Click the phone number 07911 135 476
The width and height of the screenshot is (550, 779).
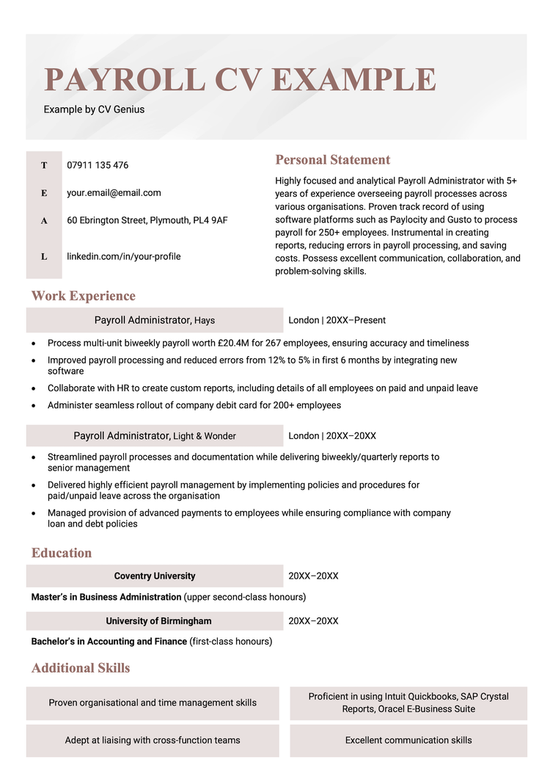tap(98, 165)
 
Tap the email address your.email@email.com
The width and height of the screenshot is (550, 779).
tap(114, 192)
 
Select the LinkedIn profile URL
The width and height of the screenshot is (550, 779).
tap(123, 256)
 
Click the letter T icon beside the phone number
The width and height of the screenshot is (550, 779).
tap(44, 165)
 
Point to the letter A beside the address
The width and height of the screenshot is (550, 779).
tap(44, 220)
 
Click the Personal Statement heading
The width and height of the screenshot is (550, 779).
tap(332, 160)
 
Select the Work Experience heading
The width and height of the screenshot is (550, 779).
tap(83, 296)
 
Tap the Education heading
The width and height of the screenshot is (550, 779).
tap(62, 553)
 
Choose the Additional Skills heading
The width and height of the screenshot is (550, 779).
tap(81, 668)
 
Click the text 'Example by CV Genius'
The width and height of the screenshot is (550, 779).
tap(94, 109)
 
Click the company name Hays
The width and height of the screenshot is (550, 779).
tap(205, 321)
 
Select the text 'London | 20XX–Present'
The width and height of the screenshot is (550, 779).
tap(337, 320)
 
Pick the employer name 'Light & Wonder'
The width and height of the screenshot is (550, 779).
tap(205, 436)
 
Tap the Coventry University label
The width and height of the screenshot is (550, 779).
tap(155, 576)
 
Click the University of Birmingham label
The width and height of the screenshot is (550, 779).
tap(158, 621)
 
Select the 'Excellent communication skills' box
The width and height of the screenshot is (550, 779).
tap(408, 740)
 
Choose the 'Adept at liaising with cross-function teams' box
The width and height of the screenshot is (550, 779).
tap(153, 740)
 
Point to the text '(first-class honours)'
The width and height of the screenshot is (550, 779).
tap(231, 642)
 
